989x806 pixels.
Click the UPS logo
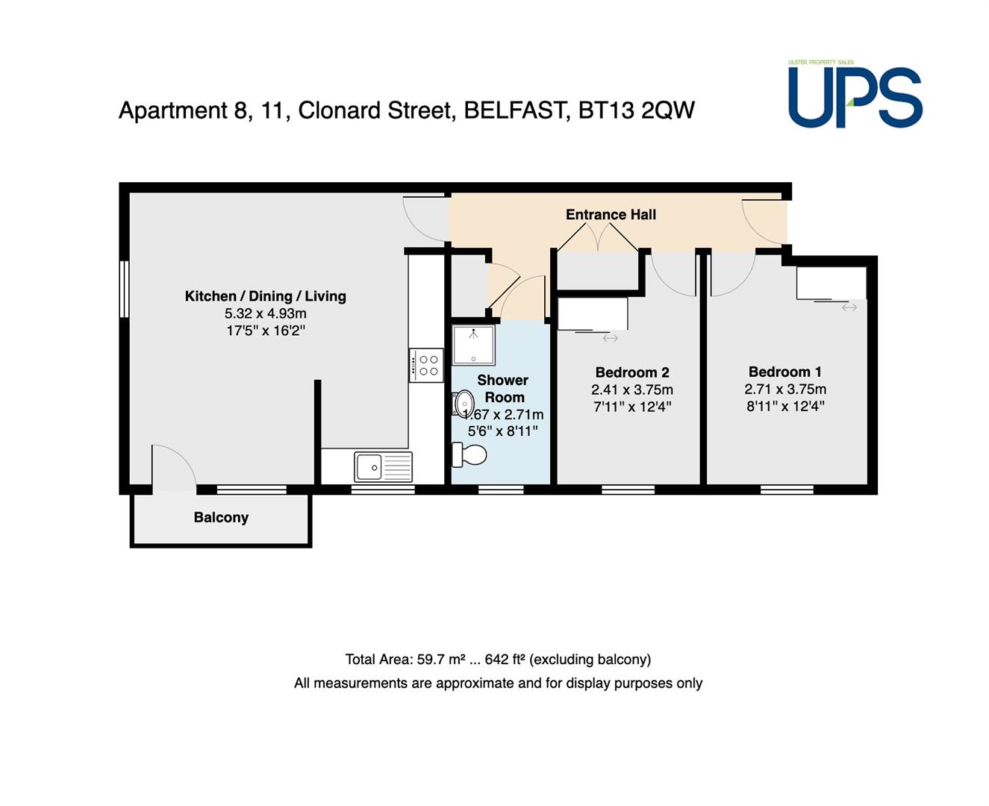tap(855, 93)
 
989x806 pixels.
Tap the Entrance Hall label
tap(611, 214)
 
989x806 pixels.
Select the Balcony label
tap(221, 517)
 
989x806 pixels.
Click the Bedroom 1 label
tap(784, 372)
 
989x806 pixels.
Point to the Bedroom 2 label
tap(632, 372)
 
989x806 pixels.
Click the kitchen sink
tap(383, 466)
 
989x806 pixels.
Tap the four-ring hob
tap(425, 366)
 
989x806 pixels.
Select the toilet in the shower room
tap(469, 454)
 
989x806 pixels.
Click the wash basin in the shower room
tap(463, 404)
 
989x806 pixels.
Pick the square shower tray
tap(474, 345)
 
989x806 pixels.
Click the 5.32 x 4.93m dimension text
tap(265, 313)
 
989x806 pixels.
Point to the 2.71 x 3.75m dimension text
tap(784, 389)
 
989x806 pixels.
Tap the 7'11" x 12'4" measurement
tap(632, 407)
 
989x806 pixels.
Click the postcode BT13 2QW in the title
tap(636, 110)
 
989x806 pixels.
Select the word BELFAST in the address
tap(517, 111)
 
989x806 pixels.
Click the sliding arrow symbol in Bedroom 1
tap(849, 307)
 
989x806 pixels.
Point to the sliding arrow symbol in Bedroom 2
tap(610, 339)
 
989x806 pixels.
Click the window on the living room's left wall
tap(124, 289)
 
